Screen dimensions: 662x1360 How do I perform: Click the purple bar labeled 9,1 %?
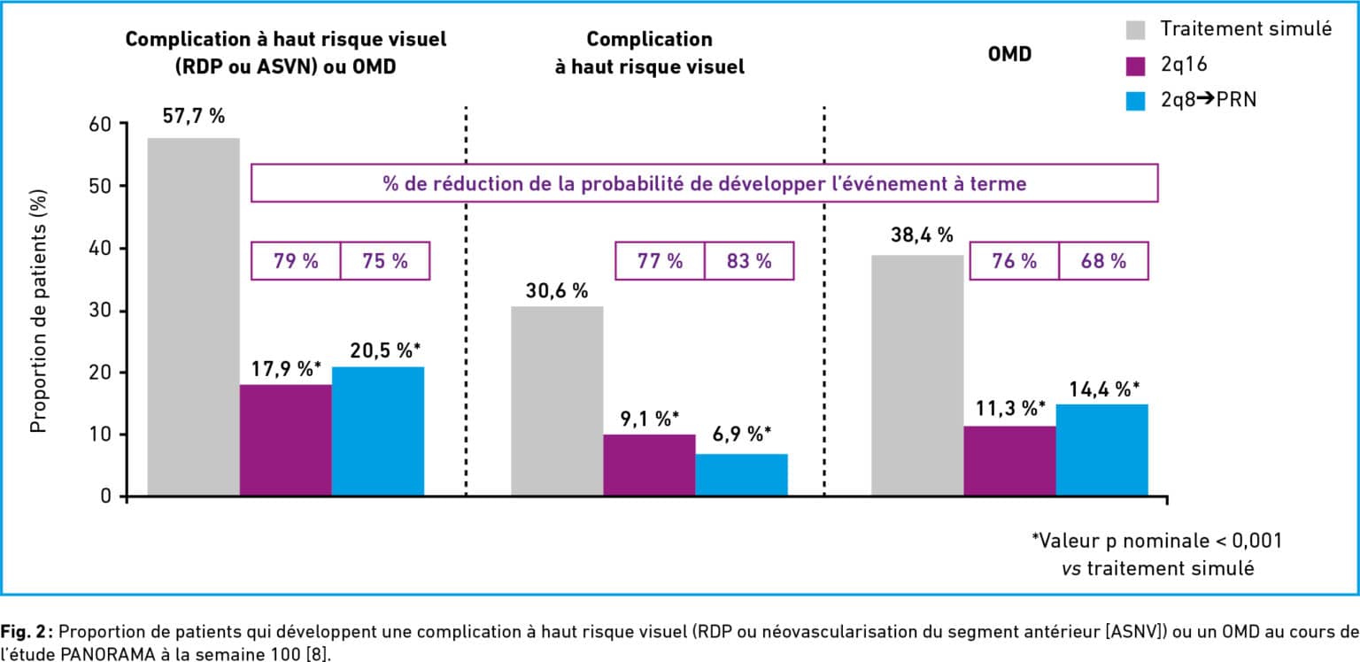649,465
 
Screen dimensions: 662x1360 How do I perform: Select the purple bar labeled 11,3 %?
1009,460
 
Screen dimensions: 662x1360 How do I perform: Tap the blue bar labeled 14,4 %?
1101,450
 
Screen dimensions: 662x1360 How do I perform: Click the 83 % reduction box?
749,261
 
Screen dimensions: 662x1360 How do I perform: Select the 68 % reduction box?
1102,261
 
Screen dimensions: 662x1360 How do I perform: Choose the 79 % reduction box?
296,261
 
